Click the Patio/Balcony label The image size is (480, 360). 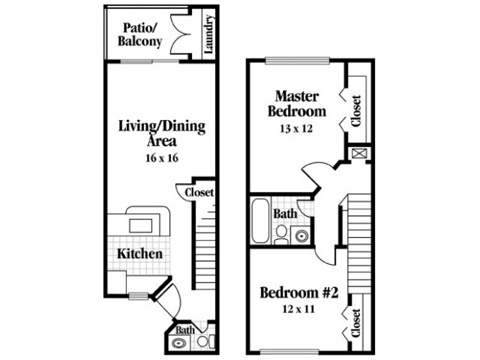(x=139, y=34)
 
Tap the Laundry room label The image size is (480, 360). (x=208, y=34)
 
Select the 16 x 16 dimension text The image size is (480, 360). (x=162, y=158)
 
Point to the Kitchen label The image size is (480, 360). (x=140, y=253)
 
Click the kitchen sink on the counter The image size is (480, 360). (x=141, y=226)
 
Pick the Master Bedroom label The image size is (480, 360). (x=297, y=103)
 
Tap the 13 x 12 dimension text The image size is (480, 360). (x=296, y=128)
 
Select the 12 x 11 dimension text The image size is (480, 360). (x=298, y=309)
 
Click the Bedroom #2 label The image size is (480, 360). (x=299, y=292)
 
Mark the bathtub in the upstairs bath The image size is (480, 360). (x=260, y=220)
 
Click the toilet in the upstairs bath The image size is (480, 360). (x=281, y=235)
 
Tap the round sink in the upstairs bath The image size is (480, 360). (x=301, y=235)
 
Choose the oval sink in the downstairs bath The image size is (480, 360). (x=178, y=343)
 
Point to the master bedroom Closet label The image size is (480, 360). (x=356, y=111)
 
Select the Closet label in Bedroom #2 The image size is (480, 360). (x=356, y=323)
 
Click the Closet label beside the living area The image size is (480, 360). (x=199, y=193)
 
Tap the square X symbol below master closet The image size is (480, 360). (x=357, y=153)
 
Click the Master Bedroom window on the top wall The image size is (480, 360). (x=297, y=61)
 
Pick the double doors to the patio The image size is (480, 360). (x=179, y=34)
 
